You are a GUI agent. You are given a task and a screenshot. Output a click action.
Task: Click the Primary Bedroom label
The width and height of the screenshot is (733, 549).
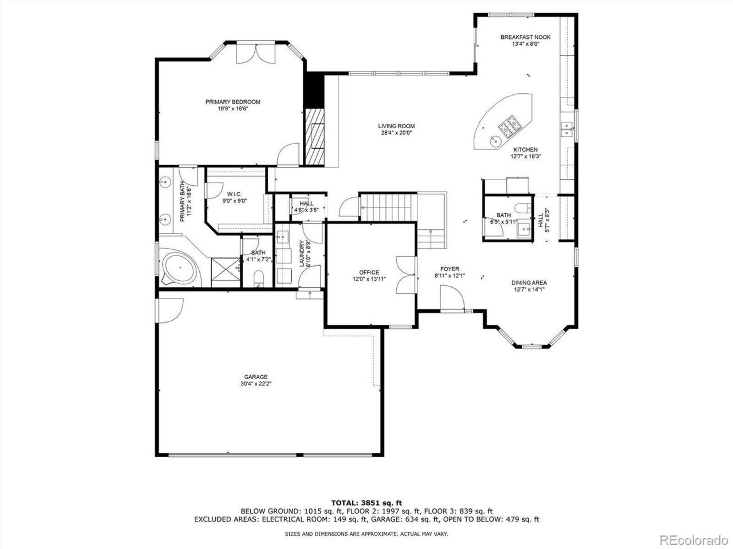233,102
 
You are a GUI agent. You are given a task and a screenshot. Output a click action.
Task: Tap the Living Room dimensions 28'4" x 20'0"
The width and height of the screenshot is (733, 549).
396,133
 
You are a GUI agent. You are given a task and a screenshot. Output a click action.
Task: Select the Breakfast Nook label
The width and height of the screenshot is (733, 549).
525,38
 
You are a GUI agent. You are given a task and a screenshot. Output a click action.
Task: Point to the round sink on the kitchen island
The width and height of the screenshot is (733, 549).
496,141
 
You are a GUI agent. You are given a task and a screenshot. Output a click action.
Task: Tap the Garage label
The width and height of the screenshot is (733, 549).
256,377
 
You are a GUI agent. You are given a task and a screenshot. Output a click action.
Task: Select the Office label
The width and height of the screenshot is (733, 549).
369,272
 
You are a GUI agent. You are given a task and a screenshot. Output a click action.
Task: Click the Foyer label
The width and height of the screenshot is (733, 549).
449,269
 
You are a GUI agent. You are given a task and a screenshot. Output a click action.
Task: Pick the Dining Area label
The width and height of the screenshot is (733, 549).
529,283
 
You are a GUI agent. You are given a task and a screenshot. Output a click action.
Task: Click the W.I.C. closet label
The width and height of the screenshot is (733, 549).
234,194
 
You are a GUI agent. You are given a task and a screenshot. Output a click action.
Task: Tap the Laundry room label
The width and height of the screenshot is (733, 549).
302,253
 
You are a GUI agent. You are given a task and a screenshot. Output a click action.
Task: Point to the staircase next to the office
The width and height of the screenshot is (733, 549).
388,207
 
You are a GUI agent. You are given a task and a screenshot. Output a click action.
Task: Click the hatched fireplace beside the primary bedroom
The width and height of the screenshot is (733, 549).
315,137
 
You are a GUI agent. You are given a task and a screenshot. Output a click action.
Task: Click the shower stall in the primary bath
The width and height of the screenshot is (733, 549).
226,273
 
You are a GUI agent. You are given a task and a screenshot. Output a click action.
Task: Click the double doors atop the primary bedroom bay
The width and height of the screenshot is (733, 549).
256,54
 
